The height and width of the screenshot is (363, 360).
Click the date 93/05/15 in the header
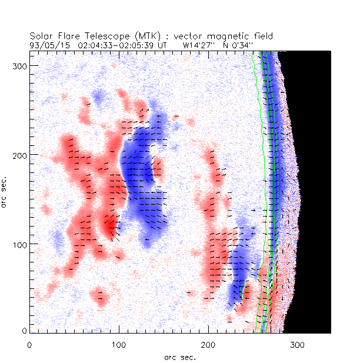tap(47, 44)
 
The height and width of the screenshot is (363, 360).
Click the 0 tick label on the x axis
tap(29, 345)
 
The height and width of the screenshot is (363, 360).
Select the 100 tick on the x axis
tap(119, 345)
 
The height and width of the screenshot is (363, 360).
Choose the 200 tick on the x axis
tap(208, 345)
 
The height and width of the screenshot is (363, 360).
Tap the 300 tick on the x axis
tap(298, 345)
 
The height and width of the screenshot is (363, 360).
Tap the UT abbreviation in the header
tap(162, 44)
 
